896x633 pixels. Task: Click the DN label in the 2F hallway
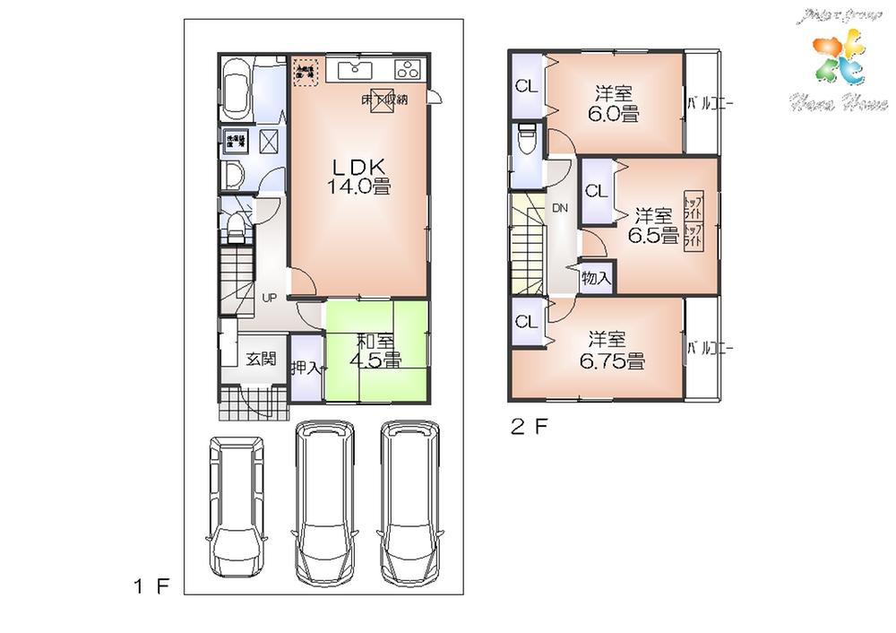[559, 208]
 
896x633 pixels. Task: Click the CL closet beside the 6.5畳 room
[596, 191]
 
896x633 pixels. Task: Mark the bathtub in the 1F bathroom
[237, 89]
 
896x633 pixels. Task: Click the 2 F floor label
[529, 427]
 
